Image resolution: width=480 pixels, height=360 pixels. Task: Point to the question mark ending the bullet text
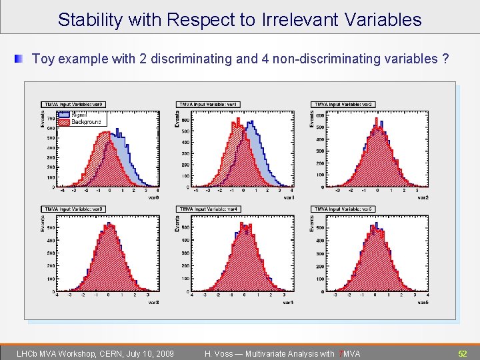coord(445,59)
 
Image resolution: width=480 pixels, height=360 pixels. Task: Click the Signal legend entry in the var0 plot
coord(79,115)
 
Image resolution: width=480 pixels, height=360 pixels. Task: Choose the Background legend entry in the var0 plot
coord(85,122)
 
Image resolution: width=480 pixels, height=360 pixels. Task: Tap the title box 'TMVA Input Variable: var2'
coord(343,104)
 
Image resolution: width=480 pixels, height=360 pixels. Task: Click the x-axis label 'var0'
coord(153,197)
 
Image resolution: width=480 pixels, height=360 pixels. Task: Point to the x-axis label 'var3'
coord(153,303)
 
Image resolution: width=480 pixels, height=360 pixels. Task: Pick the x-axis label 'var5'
coord(423,303)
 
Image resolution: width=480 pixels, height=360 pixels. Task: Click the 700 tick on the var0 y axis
coord(51,119)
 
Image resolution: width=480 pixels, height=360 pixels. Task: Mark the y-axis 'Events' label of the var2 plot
coord(313,119)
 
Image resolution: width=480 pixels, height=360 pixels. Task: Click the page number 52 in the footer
coord(462,353)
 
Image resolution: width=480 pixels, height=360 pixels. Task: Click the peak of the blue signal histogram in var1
coord(251,123)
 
